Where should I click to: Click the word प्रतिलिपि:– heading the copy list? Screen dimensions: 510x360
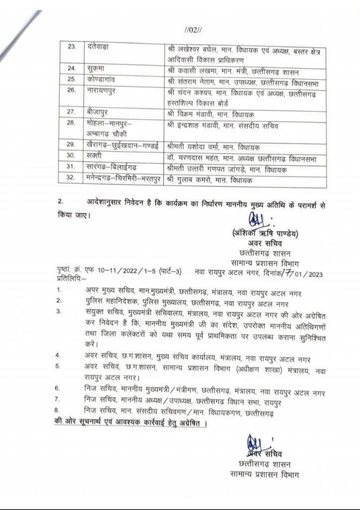click(70, 279)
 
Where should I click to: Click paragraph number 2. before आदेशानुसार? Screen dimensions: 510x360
click(60, 202)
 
